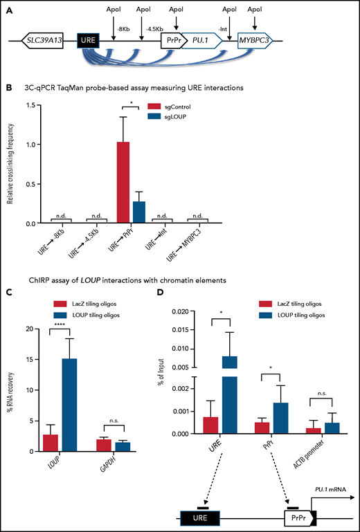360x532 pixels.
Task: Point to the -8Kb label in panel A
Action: click(125, 28)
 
